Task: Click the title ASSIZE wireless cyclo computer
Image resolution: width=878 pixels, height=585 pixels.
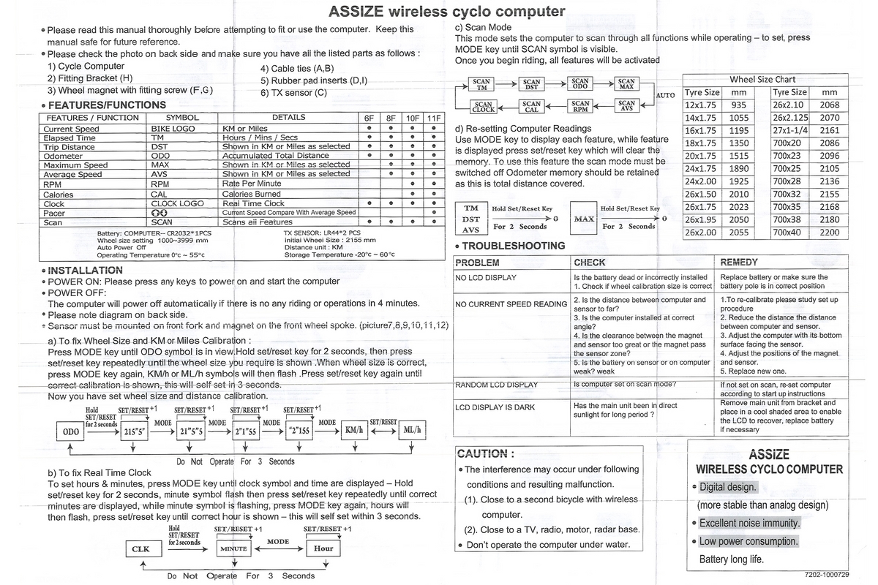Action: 446,11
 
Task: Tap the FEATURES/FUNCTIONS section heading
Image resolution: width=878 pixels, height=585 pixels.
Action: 107,105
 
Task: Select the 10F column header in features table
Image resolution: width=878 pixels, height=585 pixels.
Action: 413,118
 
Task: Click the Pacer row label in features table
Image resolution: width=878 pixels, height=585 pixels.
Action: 55,213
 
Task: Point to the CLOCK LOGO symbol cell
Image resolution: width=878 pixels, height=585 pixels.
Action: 178,204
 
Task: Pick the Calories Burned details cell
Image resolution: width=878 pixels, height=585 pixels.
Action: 252,195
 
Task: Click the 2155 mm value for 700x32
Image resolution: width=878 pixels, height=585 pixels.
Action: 830,195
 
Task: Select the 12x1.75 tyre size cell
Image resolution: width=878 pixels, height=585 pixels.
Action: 702,105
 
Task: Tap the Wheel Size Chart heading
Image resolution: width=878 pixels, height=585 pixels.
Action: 762,79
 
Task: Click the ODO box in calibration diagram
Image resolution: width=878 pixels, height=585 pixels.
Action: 72,431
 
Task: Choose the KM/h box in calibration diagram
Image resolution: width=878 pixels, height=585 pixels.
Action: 354,431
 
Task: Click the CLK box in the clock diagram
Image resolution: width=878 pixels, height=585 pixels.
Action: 140,548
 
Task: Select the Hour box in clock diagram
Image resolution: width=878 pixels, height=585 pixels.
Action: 323,548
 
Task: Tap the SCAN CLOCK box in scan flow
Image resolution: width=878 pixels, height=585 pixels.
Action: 483,107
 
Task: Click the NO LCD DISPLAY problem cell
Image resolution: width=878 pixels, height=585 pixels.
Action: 486,278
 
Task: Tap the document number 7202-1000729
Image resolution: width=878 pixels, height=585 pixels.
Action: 825,575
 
